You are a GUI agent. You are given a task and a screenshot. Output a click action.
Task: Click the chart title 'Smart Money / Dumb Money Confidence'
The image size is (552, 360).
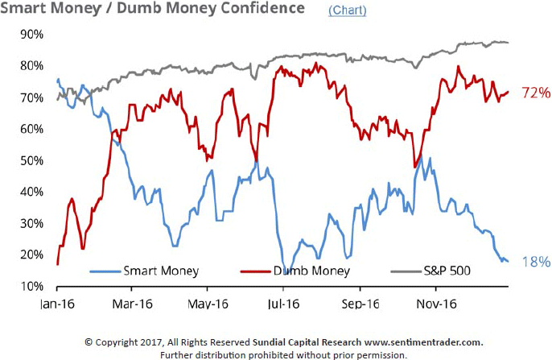[153, 9]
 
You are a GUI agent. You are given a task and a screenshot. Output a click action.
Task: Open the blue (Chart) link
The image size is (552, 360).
[347, 10]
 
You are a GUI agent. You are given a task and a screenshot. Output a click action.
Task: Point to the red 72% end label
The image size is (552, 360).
[535, 93]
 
